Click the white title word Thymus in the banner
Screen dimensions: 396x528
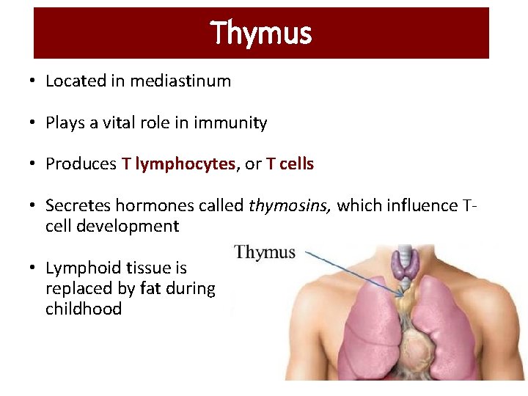tap(261, 33)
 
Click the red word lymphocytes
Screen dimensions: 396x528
tap(186, 164)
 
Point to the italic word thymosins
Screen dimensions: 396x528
tap(290, 205)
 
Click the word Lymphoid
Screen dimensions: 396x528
tap(77, 268)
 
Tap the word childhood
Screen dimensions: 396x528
tap(84, 309)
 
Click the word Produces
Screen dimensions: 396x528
tap(80, 164)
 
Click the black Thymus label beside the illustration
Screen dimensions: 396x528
tap(265, 253)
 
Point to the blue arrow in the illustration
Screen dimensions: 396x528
tap(352, 271)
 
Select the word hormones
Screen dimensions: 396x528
tap(148, 205)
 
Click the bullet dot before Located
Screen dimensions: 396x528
tap(35, 81)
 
